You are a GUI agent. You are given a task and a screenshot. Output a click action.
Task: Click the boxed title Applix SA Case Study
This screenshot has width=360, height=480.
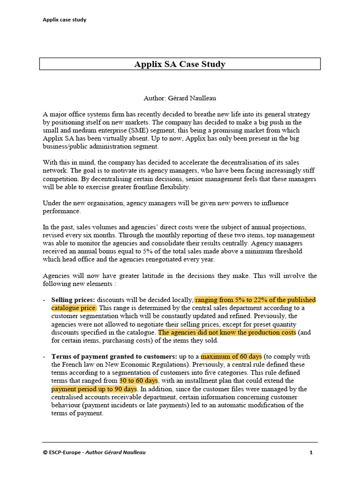click(180, 64)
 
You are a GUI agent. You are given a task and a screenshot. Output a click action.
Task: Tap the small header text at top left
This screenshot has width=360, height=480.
click(64, 20)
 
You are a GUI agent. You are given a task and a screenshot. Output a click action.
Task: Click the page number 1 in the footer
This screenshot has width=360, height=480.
click(311, 452)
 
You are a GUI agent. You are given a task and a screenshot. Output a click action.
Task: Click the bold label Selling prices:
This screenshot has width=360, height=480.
click(73, 300)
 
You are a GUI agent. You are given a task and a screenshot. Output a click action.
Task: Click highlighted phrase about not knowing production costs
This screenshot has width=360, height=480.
click(227, 332)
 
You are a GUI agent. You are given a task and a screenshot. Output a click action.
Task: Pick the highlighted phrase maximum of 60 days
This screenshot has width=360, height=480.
click(232, 356)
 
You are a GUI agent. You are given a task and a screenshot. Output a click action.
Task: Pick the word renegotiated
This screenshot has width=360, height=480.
click(170, 260)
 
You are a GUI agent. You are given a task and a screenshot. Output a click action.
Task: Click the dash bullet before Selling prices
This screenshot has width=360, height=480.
click(44, 300)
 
